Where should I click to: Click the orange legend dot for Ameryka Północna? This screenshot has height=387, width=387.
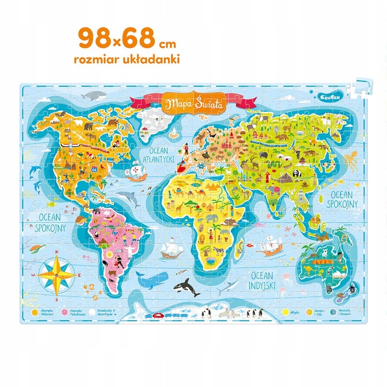coord(35,310)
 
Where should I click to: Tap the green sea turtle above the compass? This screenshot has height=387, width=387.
coord(36,248)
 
